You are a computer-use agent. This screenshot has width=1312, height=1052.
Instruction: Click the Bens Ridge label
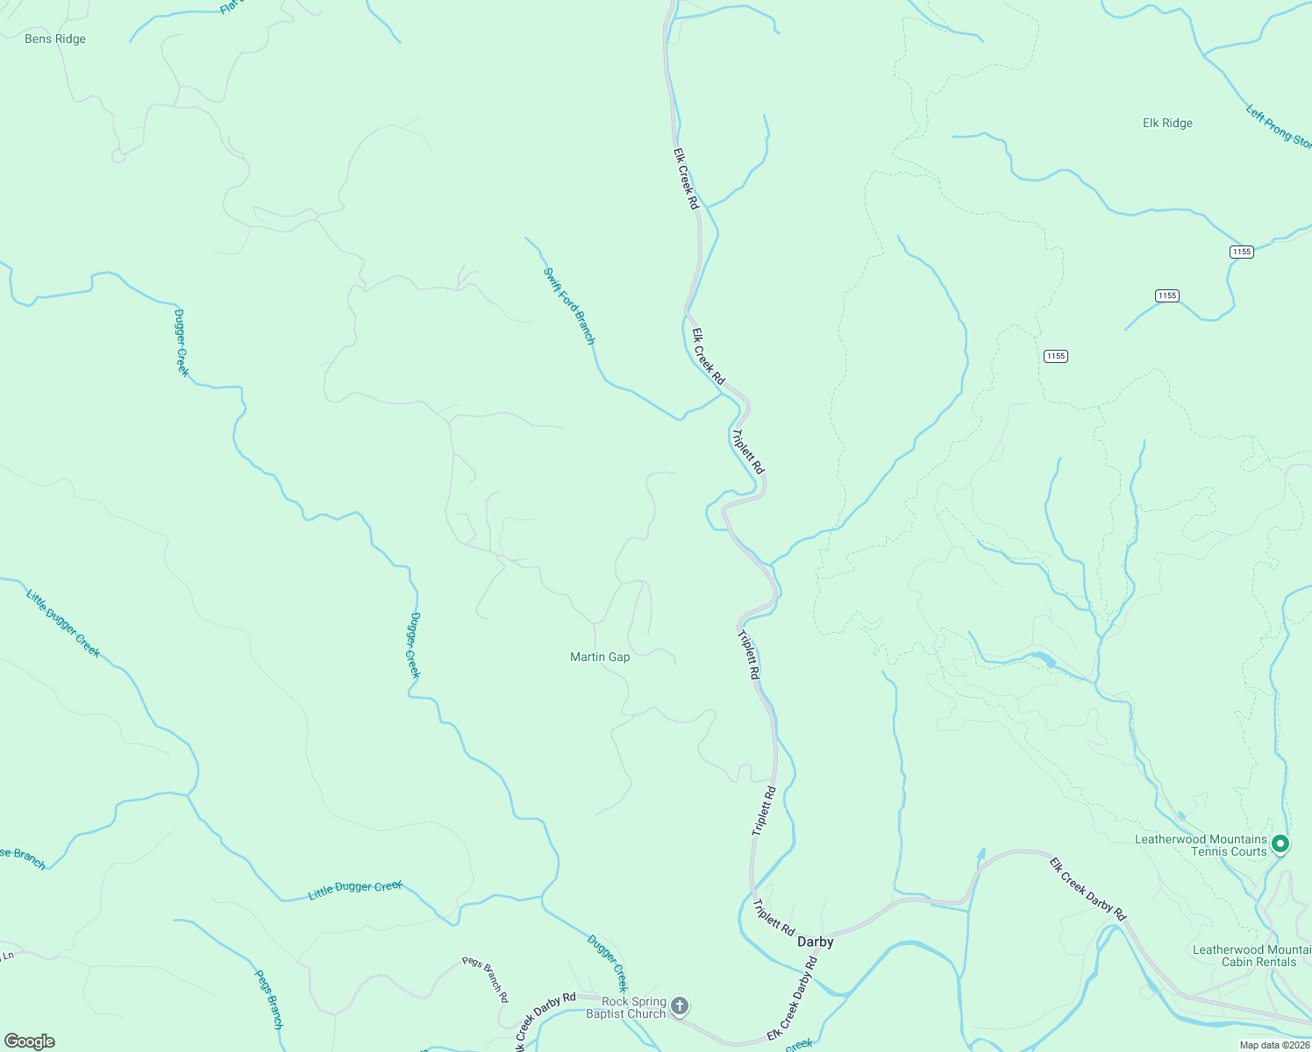[55, 39]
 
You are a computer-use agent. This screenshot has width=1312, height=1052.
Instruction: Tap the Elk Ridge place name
[1167, 124]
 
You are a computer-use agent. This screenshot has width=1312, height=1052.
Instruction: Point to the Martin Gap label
[600, 657]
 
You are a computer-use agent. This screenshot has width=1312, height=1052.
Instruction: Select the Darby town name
[815, 942]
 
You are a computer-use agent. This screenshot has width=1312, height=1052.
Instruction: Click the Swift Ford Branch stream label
[570, 306]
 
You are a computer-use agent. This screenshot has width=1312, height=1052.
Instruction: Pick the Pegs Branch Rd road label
[486, 979]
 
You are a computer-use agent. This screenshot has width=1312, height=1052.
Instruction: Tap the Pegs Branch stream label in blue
[269, 998]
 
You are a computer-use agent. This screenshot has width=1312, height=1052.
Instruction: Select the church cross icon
[680, 1007]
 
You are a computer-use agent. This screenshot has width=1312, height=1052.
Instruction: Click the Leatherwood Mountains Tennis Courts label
[1201, 845]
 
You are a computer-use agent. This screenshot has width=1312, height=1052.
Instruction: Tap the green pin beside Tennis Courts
[1280, 844]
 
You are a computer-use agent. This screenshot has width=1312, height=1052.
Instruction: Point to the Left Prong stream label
[1279, 127]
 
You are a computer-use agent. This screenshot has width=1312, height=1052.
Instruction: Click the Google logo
[30, 1041]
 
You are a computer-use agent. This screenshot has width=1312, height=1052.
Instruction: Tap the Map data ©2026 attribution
[1273, 1045]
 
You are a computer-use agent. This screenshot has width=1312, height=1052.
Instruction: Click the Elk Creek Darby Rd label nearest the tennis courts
[1087, 888]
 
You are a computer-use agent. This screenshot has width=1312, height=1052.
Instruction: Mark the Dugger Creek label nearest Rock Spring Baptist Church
[608, 963]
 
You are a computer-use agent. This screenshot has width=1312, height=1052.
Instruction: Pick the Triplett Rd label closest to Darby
[774, 917]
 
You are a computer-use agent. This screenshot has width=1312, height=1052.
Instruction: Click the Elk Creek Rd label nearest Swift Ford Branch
[708, 357]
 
